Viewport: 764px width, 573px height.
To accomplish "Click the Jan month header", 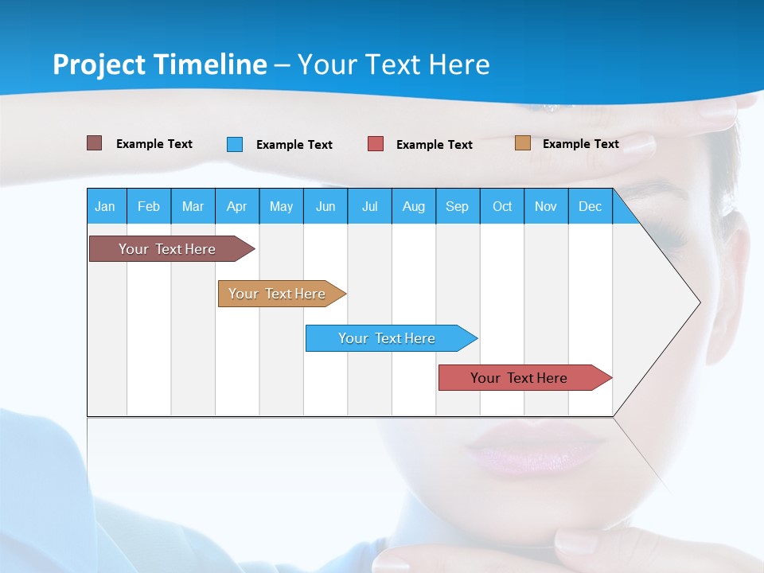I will (105, 206).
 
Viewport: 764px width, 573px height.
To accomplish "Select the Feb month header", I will (149, 206).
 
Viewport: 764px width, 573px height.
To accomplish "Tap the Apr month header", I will (236, 206).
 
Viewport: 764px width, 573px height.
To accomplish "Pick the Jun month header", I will (325, 206).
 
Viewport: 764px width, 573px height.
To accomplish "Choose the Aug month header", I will (413, 206).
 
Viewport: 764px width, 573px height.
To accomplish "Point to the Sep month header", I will (457, 206).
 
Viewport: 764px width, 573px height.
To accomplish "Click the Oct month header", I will (502, 206).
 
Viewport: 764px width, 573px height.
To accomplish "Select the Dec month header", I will (590, 206).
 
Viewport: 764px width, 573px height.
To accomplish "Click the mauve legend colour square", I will (94, 143).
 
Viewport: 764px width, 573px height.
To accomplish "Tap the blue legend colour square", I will (235, 144).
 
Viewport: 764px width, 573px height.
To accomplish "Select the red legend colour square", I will (376, 144).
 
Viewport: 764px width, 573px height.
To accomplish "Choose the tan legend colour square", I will (522, 143).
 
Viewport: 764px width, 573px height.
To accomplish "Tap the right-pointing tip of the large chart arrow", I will (698, 302).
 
